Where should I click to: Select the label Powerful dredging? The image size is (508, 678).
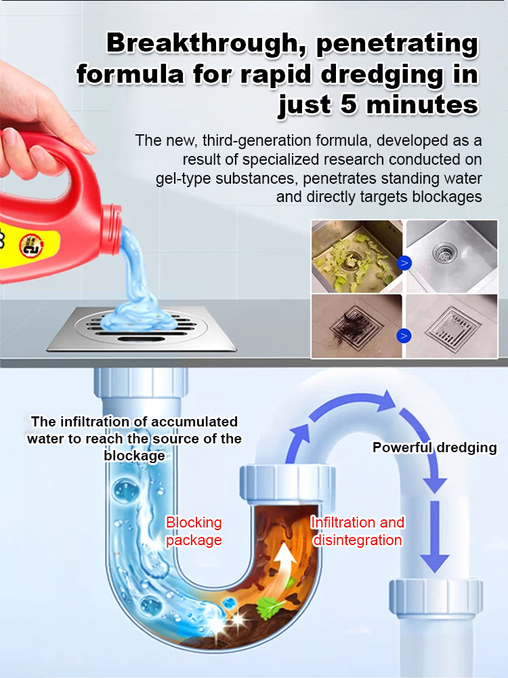click(x=434, y=447)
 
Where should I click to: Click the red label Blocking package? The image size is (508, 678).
click(x=194, y=531)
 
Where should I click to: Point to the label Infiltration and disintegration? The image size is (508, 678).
click(x=358, y=531)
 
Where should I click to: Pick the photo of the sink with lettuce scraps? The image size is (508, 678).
click(x=357, y=256)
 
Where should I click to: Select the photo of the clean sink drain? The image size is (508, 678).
click(x=451, y=256)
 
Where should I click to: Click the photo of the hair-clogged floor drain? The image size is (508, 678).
click(x=357, y=325)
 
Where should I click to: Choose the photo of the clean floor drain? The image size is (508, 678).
click(x=451, y=325)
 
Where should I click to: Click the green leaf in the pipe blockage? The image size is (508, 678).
click(x=271, y=603)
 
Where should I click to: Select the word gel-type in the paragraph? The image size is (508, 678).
click(x=182, y=179)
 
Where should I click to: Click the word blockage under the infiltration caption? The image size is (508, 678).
click(x=134, y=456)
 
